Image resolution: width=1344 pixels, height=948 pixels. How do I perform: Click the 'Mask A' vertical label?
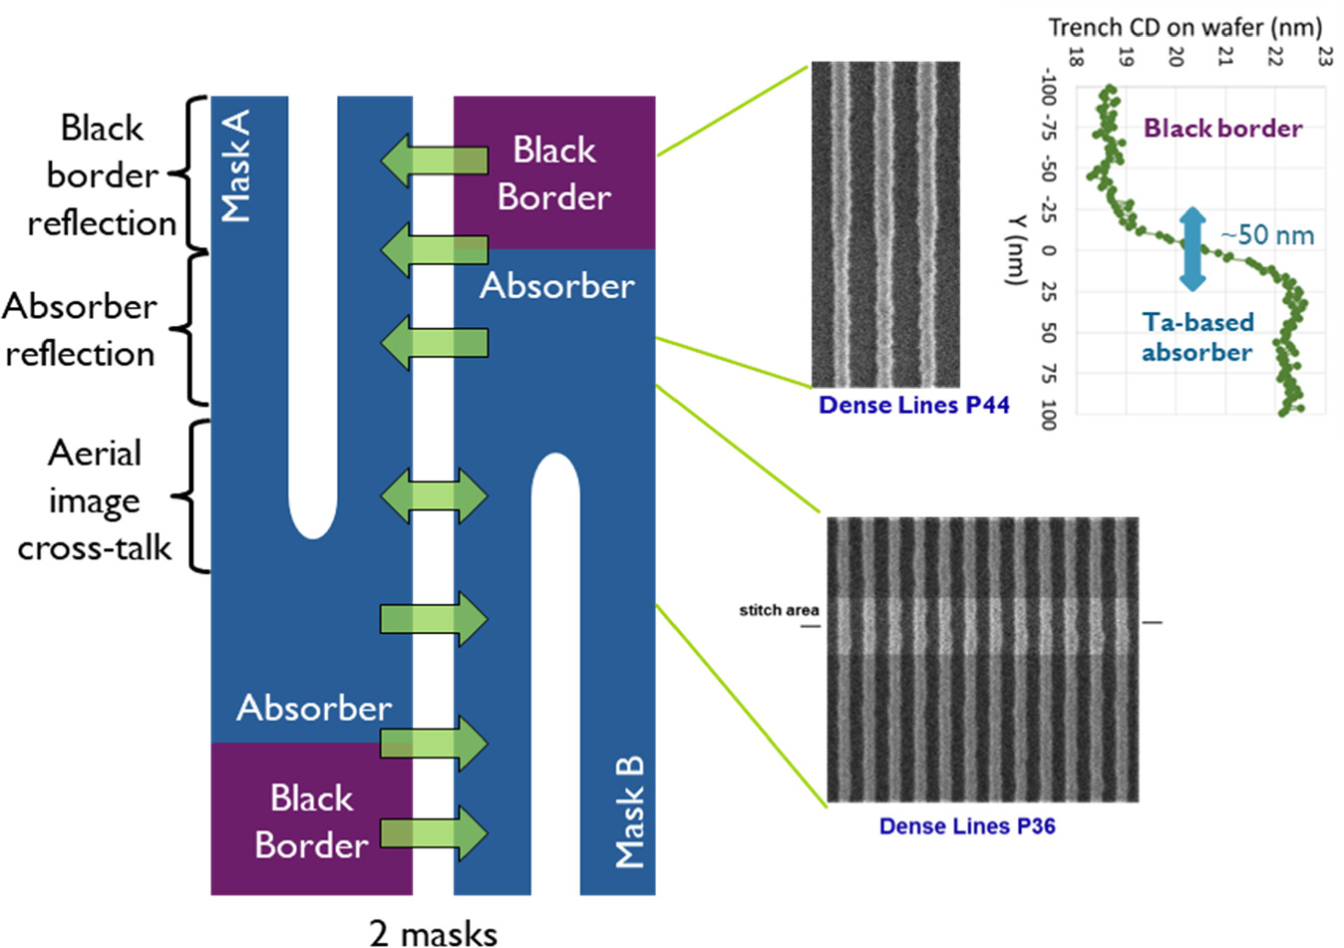coord(236,165)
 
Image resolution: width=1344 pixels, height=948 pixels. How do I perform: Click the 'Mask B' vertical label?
coord(629,811)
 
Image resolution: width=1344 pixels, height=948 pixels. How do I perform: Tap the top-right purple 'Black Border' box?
coord(554,172)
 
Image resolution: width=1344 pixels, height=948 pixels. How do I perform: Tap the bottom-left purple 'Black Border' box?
coord(311,820)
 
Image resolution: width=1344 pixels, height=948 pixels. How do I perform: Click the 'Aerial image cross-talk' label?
coord(95,500)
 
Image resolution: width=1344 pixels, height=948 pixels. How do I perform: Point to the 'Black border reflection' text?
coord(102,175)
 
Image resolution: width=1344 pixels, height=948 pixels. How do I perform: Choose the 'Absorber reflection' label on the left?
coord(80,330)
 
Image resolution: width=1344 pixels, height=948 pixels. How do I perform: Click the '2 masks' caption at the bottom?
coord(433,933)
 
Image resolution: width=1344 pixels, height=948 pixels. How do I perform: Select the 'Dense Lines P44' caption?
coord(913,405)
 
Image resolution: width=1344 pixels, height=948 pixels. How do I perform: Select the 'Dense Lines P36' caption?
coord(966,826)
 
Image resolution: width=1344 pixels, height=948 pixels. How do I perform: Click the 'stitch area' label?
coord(779,610)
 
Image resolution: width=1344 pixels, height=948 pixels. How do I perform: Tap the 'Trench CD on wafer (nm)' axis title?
coord(1184,27)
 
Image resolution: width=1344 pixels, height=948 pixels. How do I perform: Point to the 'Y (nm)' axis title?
coord(1016,249)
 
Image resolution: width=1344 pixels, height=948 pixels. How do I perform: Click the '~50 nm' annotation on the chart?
coord(1267,235)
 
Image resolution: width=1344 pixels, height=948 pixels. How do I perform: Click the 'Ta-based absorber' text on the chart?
coord(1196,337)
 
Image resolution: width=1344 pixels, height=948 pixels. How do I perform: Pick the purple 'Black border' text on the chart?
coord(1222,128)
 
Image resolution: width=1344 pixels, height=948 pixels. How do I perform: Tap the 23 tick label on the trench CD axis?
coord(1323,56)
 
